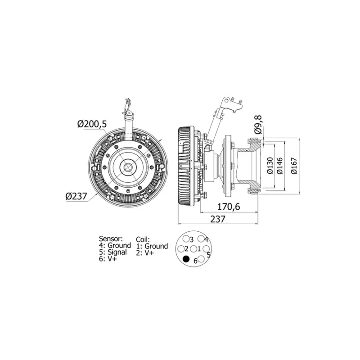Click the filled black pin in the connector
(186, 259)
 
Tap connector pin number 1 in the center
(193, 249)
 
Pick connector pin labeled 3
(186, 239)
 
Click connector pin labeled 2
(181, 249)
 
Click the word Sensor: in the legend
(111, 238)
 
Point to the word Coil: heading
(143, 239)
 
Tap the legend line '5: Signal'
(113, 252)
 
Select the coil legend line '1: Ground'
(152, 246)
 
